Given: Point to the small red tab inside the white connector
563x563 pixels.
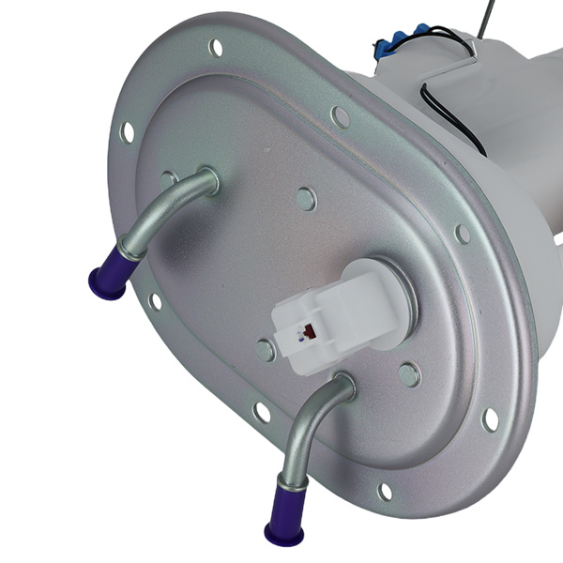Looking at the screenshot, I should click(305, 330).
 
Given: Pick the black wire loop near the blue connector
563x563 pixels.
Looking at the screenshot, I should click(441, 103).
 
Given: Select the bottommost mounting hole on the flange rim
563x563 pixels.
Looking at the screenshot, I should click(385, 491).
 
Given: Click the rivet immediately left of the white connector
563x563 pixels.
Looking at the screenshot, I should click(266, 350).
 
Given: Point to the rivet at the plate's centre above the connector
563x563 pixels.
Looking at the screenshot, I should click(305, 198).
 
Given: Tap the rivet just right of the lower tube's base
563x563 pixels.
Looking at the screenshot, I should click(409, 374).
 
